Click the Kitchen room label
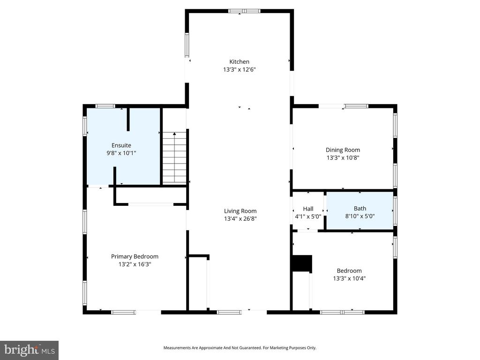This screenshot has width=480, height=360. [x=239, y=61]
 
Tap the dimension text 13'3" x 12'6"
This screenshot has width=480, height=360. [x=239, y=69]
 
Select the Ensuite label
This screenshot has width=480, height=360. [x=121, y=145]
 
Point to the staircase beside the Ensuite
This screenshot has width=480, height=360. [x=174, y=158]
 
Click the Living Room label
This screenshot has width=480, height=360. [x=240, y=211]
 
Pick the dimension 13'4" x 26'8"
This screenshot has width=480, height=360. [x=240, y=218]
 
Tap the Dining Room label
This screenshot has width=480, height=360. [x=343, y=150]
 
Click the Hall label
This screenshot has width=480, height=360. [x=308, y=209]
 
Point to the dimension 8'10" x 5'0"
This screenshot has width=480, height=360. [x=360, y=216]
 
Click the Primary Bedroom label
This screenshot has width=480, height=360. [x=135, y=256]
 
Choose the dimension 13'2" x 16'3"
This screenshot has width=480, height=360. [x=135, y=264]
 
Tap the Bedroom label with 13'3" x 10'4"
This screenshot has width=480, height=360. [x=349, y=270]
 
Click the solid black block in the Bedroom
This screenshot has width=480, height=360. [x=301, y=263]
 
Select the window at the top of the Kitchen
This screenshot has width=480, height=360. [x=244, y=11]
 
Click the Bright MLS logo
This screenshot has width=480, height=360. [x=29, y=350]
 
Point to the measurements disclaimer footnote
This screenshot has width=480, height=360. [x=240, y=348]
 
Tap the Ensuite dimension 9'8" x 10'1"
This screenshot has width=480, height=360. [x=121, y=153]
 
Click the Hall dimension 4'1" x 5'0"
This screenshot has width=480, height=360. [x=308, y=216]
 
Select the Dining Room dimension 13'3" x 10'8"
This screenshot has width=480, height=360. [x=343, y=158]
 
